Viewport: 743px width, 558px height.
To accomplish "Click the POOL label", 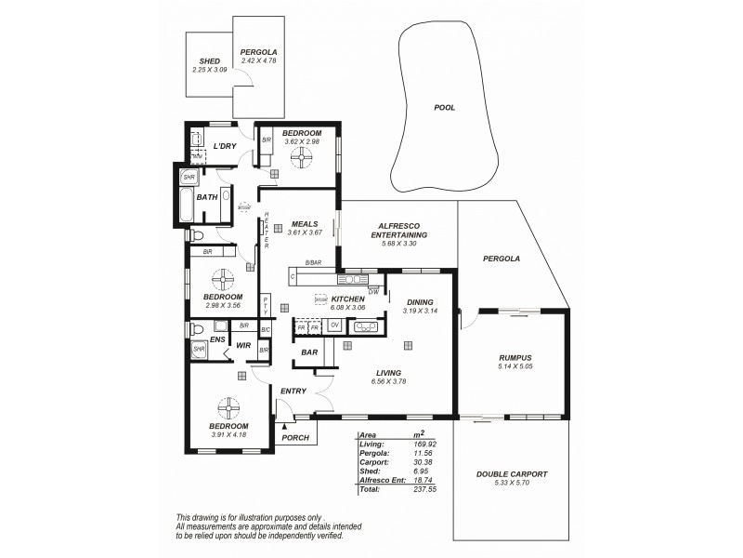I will click(445, 108).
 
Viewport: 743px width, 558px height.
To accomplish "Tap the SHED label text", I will click(209, 61).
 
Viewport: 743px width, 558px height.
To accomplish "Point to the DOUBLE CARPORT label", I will click(512, 474).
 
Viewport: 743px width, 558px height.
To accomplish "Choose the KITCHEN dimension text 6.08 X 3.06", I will click(348, 307).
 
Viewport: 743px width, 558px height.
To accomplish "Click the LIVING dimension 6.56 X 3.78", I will click(389, 381).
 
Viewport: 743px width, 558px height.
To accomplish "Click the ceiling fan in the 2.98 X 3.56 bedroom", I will click(223, 279).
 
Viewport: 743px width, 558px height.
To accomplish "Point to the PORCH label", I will click(295, 438).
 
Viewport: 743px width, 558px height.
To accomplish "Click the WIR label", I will click(244, 345).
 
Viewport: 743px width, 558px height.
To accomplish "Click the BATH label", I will click(206, 197).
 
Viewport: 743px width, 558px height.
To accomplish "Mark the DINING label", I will click(420, 302).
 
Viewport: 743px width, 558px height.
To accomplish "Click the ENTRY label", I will click(293, 391).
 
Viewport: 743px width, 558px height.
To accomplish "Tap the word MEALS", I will click(305, 224).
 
